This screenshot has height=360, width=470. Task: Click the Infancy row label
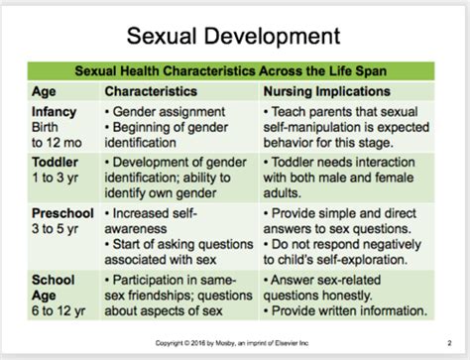point(56,112)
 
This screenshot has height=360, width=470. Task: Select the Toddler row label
point(55,162)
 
